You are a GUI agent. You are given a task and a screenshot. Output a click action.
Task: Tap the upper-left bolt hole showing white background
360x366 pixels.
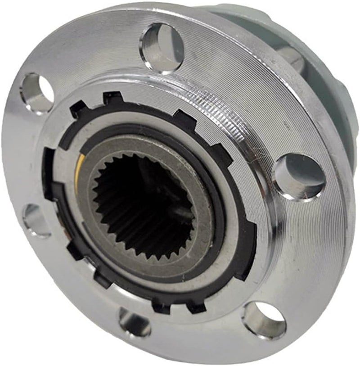point(37,93)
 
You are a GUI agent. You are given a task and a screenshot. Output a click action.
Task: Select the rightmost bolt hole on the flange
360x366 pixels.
point(298,176)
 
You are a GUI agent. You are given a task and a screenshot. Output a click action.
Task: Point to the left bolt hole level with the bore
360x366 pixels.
point(36,220)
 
